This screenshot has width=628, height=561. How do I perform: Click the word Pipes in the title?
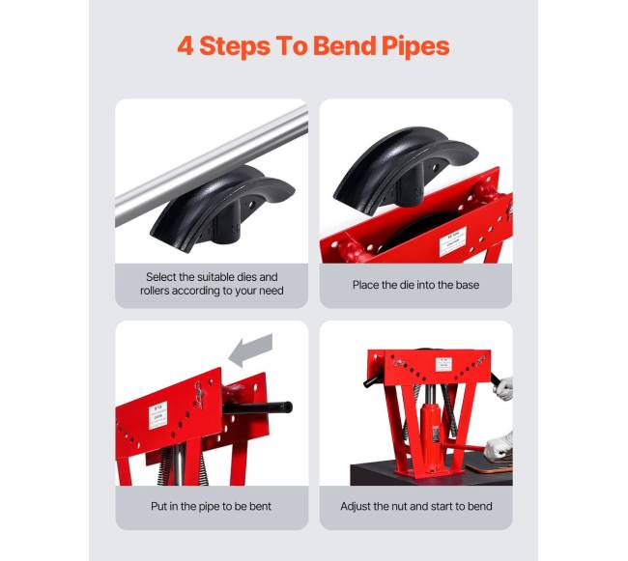[415, 46]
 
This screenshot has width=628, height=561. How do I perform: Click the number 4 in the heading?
[186, 45]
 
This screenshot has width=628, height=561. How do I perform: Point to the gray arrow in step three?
[251, 350]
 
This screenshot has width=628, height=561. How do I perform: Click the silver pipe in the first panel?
[212, 164]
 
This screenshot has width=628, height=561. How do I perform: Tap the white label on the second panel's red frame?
[452, 241]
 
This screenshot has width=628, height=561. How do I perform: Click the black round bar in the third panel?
[258, 407]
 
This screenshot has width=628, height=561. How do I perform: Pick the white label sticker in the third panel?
[157, 416]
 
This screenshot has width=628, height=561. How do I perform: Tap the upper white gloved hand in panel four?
[504, 388]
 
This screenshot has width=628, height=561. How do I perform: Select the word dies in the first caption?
[246, 277]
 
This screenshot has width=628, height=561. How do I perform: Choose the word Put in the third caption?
[159, 506]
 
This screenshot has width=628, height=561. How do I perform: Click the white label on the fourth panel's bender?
[443, 364]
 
